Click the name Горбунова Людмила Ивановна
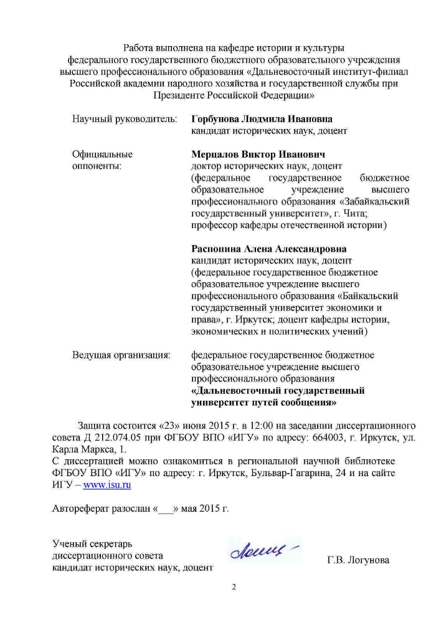tap(262, 118)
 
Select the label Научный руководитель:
tap(125, 118)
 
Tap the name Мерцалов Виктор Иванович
tap(258, 154)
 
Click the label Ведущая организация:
tap(121, 355)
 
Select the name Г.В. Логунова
tap(358, 560)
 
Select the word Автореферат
tap(79, 509)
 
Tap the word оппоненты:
tap(97, 166)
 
